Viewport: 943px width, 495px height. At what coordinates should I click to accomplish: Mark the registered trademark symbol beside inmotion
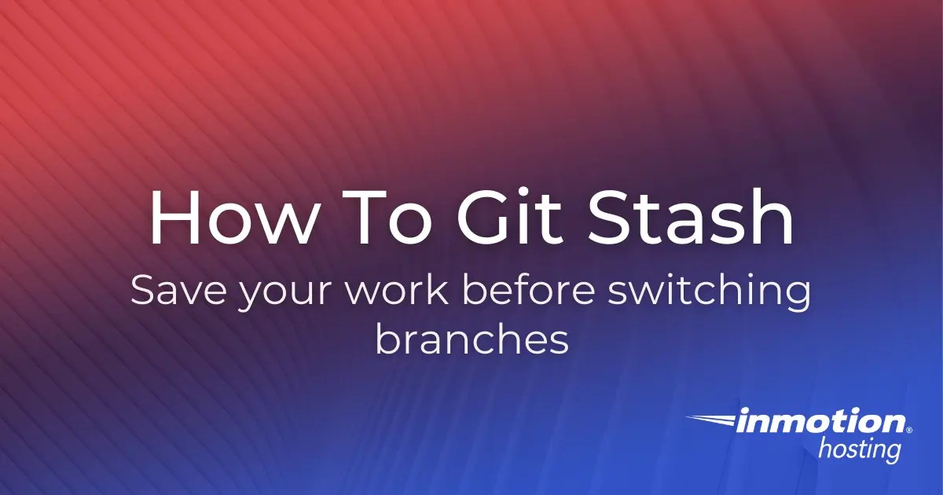click(x=909, y=431)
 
